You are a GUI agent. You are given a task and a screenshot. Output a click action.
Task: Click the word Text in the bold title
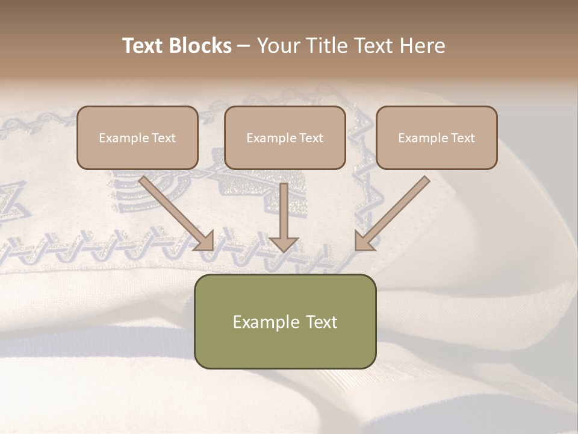[143, 46]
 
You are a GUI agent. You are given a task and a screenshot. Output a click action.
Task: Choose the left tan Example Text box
[137, 137]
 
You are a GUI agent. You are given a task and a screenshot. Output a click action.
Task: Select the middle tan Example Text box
[285, 137]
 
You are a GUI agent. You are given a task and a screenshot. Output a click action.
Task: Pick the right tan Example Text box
[437, 137]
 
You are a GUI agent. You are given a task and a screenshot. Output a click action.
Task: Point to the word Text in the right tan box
[463, 138]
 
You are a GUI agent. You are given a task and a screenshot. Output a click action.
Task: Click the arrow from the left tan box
[175, 211]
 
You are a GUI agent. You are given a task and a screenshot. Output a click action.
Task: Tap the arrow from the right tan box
[394, 211]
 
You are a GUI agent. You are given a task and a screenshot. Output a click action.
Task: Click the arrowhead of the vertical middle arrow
[284, 244]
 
